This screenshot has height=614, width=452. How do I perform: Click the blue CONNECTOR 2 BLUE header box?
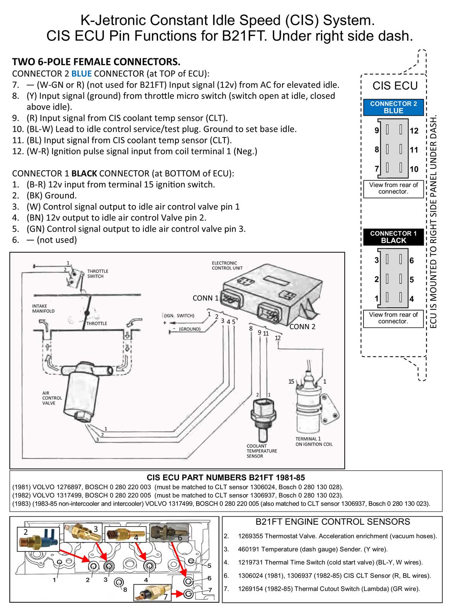[393, 107]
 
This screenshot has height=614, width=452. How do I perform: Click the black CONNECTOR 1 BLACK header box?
[393, 237]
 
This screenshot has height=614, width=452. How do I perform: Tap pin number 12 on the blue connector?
[414, 131]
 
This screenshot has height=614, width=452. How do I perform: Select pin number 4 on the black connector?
[411, 299]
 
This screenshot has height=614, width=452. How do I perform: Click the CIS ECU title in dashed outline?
[395, 86]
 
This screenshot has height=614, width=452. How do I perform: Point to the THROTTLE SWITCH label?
[97, 274]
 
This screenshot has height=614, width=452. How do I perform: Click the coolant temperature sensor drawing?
[262, 417]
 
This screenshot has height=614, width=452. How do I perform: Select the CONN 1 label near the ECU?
[205, 298]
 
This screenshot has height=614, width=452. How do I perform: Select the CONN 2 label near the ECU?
[302, 327]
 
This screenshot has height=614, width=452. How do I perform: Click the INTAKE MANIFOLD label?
[43, 309]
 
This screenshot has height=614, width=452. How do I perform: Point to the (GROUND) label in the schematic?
[189, 329]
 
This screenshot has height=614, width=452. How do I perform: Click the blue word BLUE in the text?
[81, 73]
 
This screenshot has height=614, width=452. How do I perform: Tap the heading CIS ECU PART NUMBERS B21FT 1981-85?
[226, 478]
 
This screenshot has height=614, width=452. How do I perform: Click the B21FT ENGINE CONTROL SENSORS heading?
[333, 522]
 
